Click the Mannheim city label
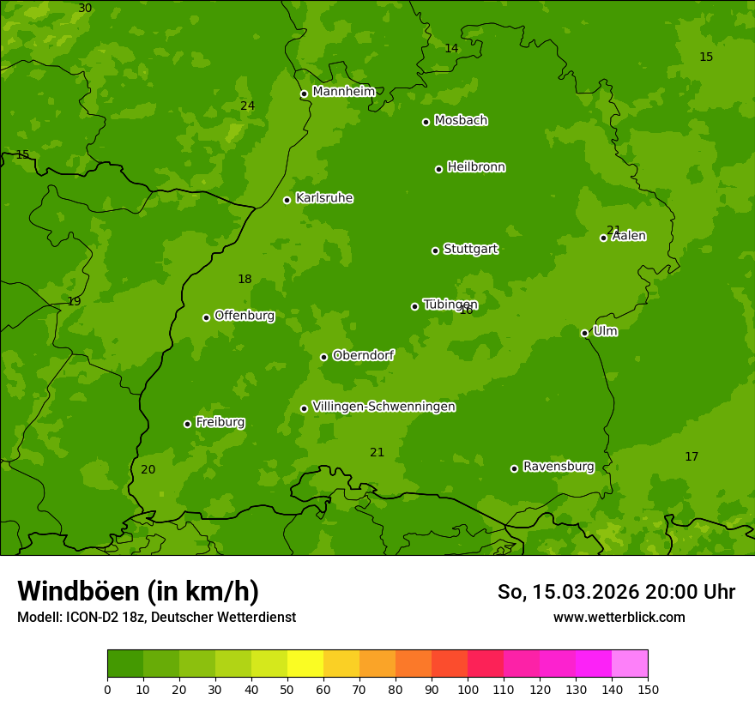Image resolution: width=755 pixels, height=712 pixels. click(x=343, y=92)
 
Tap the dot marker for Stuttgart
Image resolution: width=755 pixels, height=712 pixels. click(x=435, y=250)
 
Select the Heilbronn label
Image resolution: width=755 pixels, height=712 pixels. click(x=475, y=167)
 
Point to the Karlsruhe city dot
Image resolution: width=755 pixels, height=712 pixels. click(x=287, y=200)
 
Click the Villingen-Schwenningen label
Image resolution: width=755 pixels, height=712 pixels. click(x=384, y=407)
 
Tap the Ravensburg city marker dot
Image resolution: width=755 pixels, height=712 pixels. click(x=514, y=468)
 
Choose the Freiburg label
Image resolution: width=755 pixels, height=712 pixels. click(x=220, y=422)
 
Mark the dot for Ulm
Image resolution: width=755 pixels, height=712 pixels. click(x=584, y=333)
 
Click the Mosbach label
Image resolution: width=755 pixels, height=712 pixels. click(x=461, y=121)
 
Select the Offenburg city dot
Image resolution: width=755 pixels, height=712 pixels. click(x=206, y=317)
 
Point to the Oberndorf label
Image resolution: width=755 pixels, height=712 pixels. click(x=363, y=355)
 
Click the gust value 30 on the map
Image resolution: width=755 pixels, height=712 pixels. click(x=85, y=9)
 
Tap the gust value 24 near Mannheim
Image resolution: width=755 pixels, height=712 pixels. click(x=247, y=106)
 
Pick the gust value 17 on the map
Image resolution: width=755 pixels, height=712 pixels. click(x=692, y=457)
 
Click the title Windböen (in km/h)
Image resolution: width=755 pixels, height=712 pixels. click(x=138, y=591)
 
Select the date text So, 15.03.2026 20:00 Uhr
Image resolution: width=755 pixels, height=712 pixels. click(x=616, y=592)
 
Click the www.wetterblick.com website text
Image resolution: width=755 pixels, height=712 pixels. click(x=619, y=618)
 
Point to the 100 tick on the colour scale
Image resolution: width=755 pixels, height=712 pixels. click(x=468, y=689)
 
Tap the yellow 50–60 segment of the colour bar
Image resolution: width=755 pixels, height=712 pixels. click(x=305, y=664)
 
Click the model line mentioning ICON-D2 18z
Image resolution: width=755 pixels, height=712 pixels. click(x=156, y=618)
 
